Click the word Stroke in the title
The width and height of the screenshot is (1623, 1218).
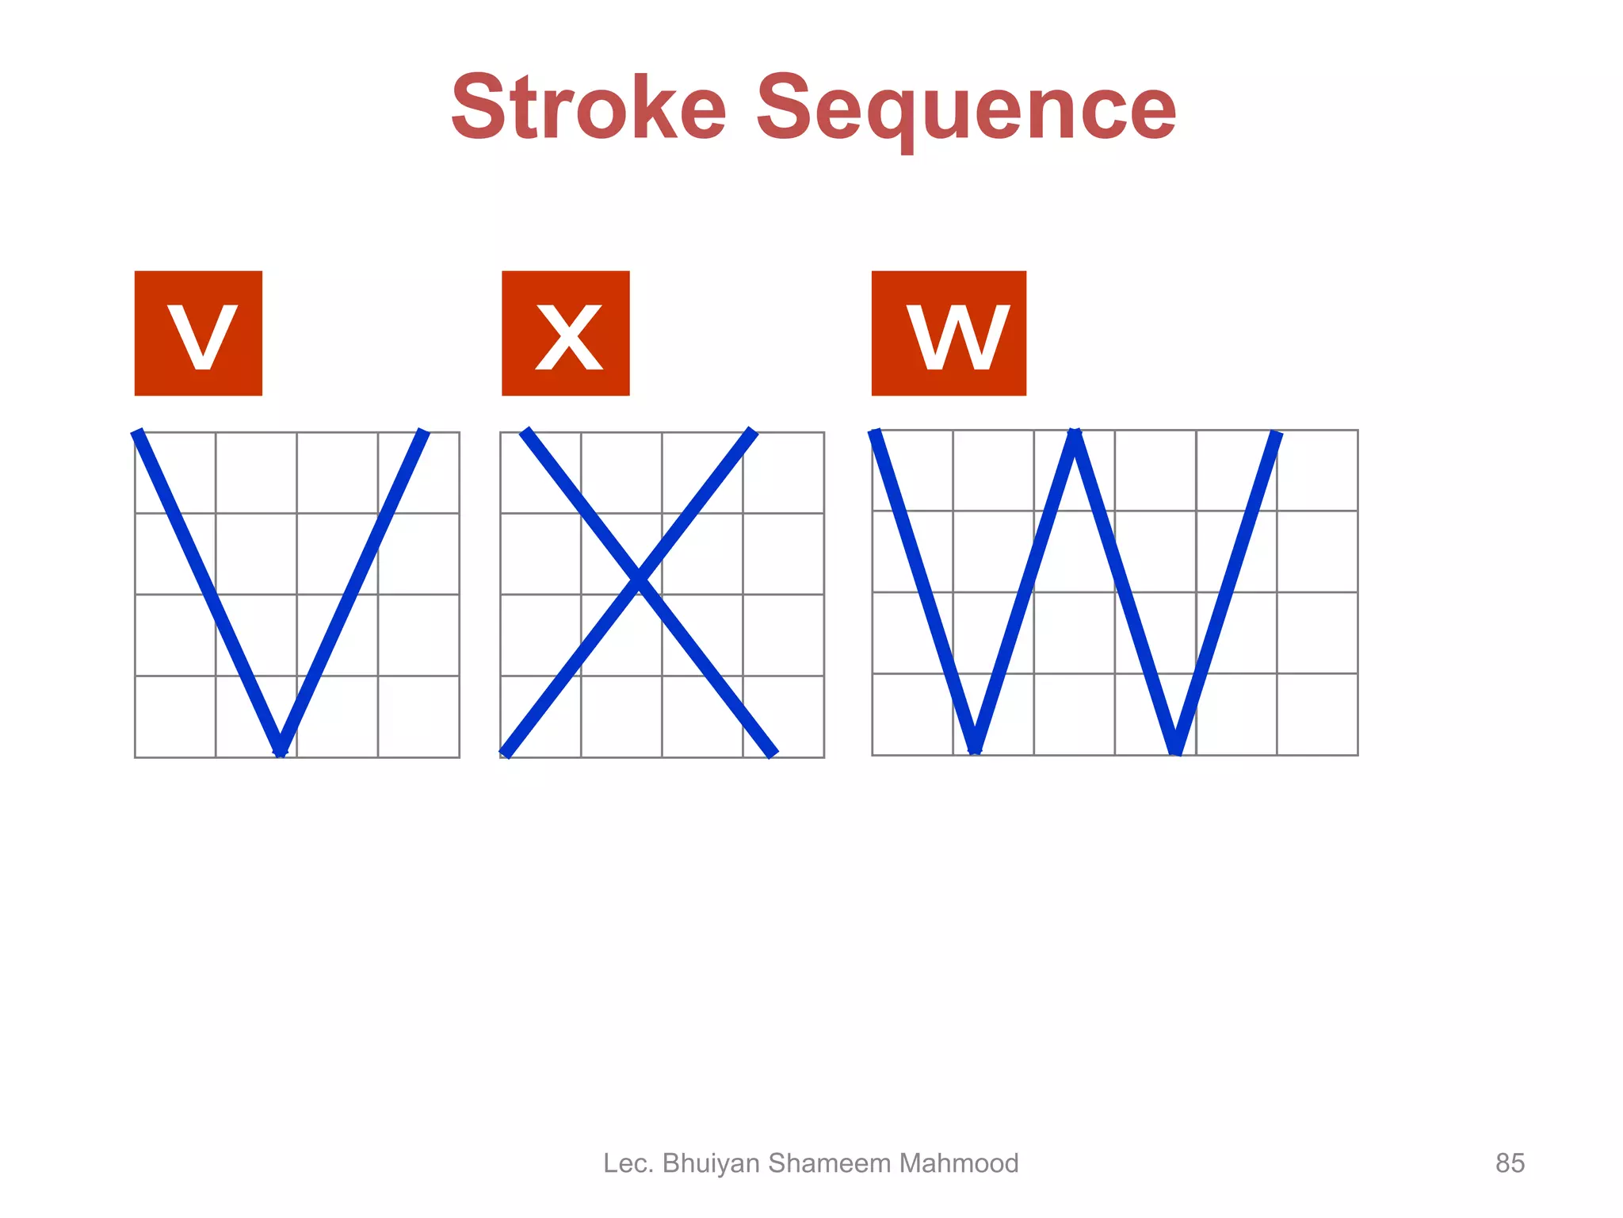[588, 106]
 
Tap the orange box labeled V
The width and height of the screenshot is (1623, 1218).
[198, 333]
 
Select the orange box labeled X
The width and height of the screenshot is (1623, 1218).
[565, 333]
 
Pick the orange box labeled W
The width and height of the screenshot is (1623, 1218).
[949, 333]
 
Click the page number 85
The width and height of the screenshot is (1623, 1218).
[1509, 1163]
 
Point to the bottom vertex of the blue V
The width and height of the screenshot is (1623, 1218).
[281, 749]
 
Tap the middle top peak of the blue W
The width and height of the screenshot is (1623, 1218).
[1075, 436]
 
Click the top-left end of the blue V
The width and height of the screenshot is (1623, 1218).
[138, 434]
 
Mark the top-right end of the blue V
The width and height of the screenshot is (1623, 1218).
[424, 434]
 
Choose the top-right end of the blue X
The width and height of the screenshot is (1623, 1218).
[752, 432]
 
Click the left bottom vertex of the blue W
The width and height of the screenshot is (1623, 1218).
[976, 747]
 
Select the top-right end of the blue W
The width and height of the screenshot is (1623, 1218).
[1276, 435]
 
